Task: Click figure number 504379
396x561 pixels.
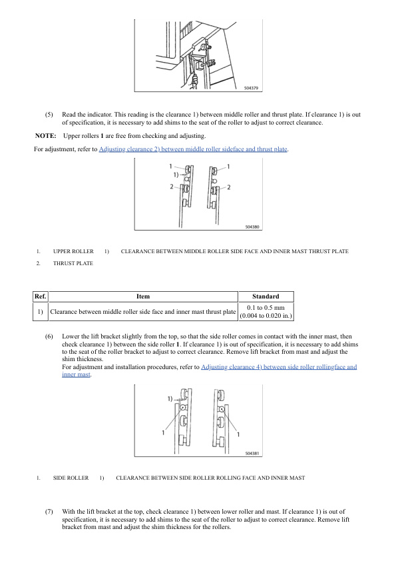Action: point(251,88)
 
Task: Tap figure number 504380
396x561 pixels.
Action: point(252,227)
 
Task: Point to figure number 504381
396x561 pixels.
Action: point(252,453)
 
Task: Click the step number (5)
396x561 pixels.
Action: point(49,115)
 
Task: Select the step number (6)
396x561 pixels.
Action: point(49,336)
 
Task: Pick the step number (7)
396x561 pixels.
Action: point(49,512)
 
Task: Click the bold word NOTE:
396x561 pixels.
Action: point(45,136)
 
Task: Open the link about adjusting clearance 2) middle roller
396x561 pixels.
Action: point(194,149)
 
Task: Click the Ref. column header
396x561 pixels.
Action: point(41,296)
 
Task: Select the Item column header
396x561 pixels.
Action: point(143,296)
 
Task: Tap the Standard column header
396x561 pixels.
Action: point(266,296)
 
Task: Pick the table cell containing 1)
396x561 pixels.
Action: point(41,312)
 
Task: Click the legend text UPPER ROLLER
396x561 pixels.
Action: point(73,252)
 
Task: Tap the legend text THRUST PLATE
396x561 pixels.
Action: point(73,263)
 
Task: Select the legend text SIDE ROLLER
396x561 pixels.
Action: point(71,478)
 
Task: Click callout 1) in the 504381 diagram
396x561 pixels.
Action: point(170,398)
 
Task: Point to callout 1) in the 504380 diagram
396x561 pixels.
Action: point(176,175)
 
